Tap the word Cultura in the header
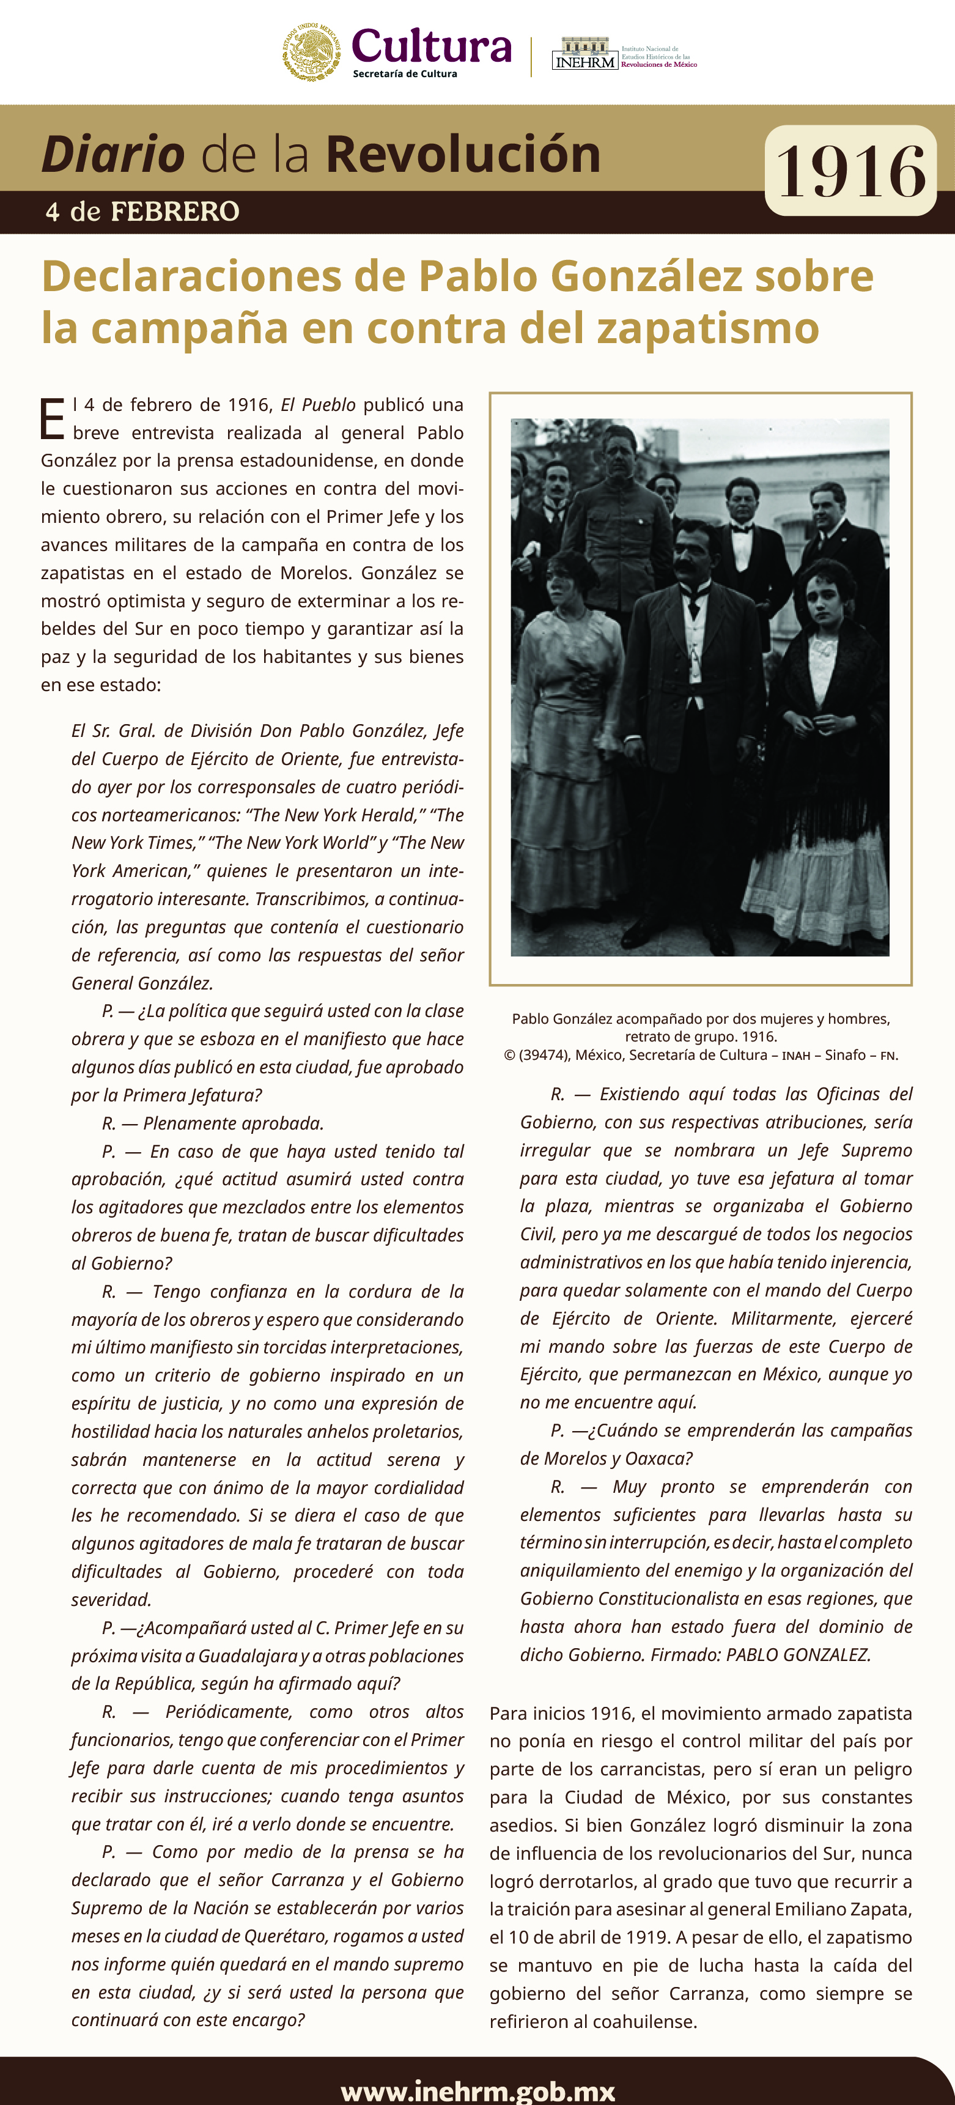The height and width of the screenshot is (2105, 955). [432, 46]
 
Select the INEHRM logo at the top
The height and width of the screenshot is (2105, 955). [585, 54]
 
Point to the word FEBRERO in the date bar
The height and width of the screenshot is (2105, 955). [175, 212]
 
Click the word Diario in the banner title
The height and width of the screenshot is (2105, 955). [112, 155]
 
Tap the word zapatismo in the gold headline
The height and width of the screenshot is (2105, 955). [707, 328]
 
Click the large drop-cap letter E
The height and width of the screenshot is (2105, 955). [53, 419]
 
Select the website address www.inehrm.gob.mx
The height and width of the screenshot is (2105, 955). [478, 2090]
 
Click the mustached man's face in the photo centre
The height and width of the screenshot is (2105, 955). [695, 550]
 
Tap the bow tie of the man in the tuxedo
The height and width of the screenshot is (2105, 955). [742, 530]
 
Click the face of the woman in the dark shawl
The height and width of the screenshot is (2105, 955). [824, 601]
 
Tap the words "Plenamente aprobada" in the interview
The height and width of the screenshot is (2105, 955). [234, 1123]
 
